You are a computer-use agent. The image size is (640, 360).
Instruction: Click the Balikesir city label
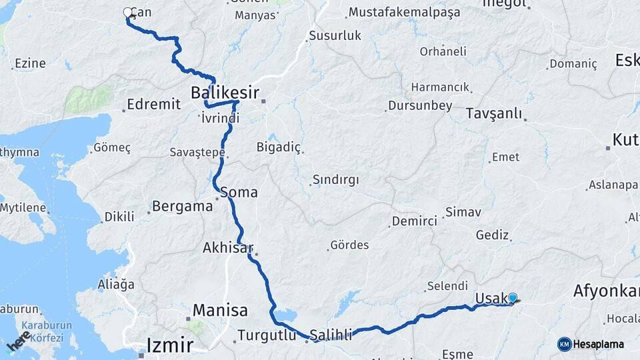tap(225, 92)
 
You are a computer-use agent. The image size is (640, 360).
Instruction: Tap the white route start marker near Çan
tap(128, 12)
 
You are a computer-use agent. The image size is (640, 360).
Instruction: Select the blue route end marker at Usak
tap(513, 298)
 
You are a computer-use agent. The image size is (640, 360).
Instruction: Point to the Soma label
tap(238, 192)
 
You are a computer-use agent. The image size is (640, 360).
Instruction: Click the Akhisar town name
tap(227, 248)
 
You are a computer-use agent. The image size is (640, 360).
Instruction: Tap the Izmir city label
tap(170, 345)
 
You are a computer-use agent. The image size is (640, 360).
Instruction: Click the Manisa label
tap(220, 310)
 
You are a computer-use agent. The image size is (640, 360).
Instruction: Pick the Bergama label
tap(182, 206)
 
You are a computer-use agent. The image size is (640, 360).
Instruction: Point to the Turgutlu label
tap(266, 335)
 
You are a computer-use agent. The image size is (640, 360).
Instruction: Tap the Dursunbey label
tap(420, 105)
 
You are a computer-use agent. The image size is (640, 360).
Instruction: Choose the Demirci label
tap(414, 221)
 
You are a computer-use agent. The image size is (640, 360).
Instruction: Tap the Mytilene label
tap(23, 207)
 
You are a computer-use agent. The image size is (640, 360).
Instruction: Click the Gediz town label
tap(493, 235)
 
